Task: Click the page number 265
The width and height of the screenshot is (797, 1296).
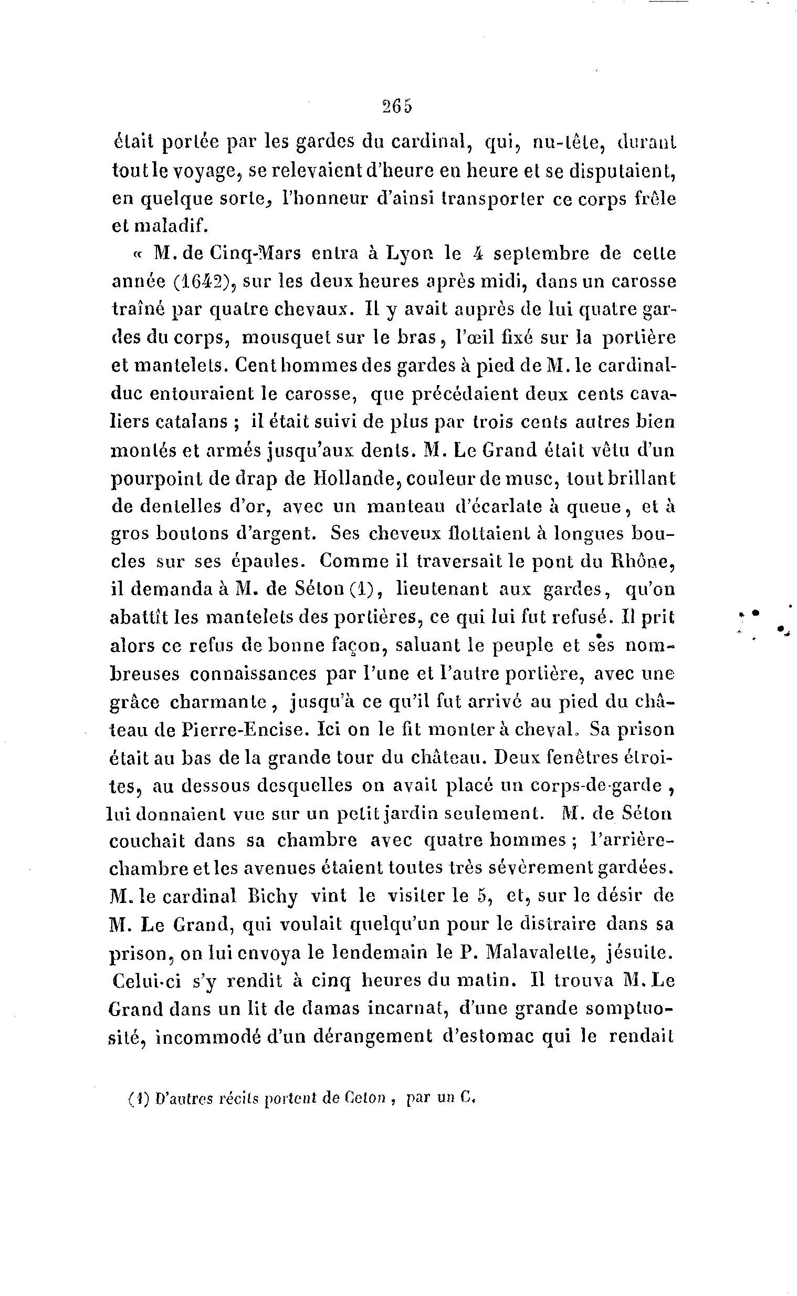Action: pos(397,107)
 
